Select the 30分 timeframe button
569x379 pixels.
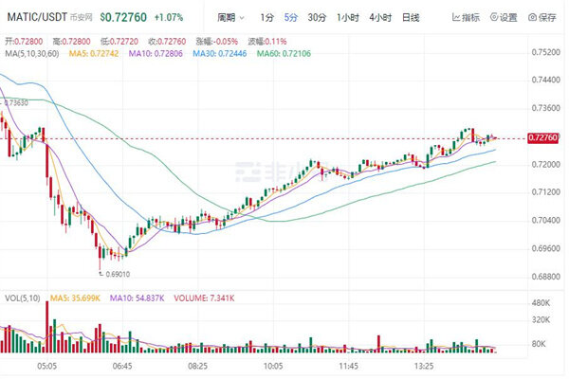click(317, 17)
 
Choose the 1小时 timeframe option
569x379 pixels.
click(348, 17)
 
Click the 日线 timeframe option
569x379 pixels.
click(411, 17)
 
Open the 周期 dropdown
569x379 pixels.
click(229, 17)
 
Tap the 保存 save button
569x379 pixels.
click(543, 17)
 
